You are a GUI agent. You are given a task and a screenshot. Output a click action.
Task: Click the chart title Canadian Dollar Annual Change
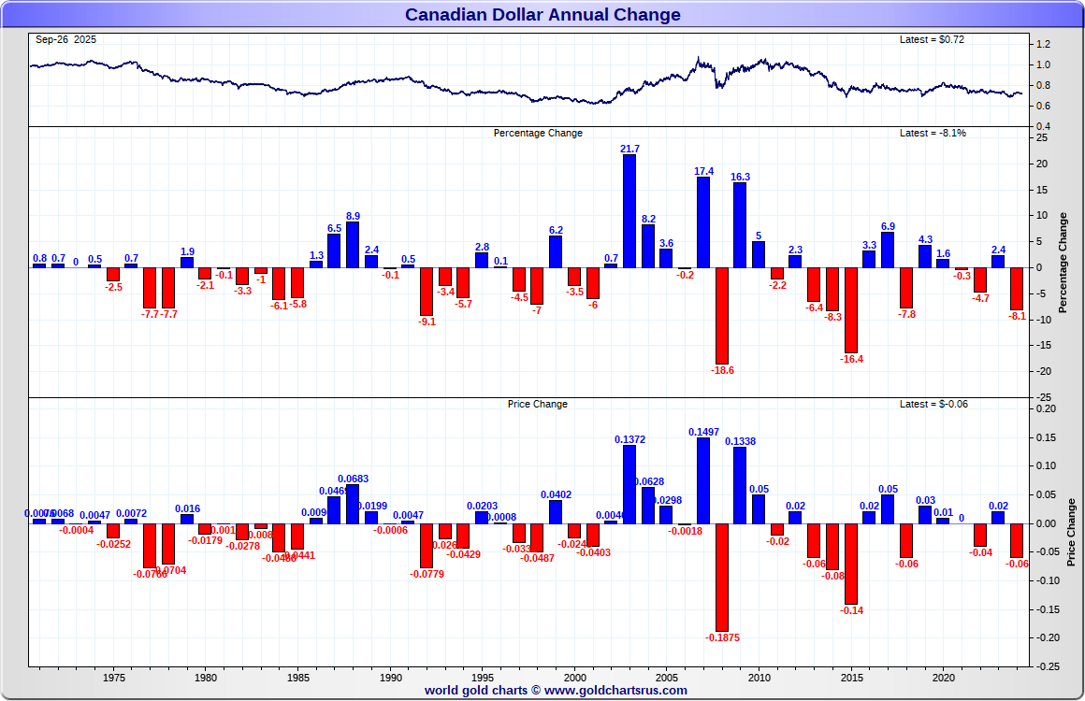point(542,14)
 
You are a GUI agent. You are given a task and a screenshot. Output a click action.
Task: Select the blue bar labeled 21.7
point(629,210)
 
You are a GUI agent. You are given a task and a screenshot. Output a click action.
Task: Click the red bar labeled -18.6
point(721,315)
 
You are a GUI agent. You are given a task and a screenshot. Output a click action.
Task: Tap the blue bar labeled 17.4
point(703,222)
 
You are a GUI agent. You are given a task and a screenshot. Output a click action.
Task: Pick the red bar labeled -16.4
point(851,309)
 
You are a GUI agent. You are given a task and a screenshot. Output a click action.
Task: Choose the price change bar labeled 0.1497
point(703,480)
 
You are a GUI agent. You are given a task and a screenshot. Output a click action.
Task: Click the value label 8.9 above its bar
point(353,215)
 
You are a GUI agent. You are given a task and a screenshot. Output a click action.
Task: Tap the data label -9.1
point(427,322)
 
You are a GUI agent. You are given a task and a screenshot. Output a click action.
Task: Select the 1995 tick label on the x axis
point(483,678)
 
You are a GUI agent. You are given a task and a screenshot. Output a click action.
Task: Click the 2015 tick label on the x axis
point(851,678)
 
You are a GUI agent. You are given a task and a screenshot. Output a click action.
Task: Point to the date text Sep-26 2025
point(65,39)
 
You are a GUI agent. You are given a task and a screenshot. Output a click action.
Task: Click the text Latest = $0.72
point(932,39)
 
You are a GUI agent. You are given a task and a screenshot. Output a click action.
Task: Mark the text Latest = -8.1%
point(933,133)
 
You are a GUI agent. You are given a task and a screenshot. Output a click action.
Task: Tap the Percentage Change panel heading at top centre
point(538,133)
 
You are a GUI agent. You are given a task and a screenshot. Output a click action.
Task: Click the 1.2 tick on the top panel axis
point(1043,45)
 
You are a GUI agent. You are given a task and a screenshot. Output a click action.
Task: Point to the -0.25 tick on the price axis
point(1048,666)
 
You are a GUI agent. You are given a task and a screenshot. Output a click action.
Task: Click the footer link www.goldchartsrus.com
point(615,691)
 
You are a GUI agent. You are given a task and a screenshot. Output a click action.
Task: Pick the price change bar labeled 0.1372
point(629,484)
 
